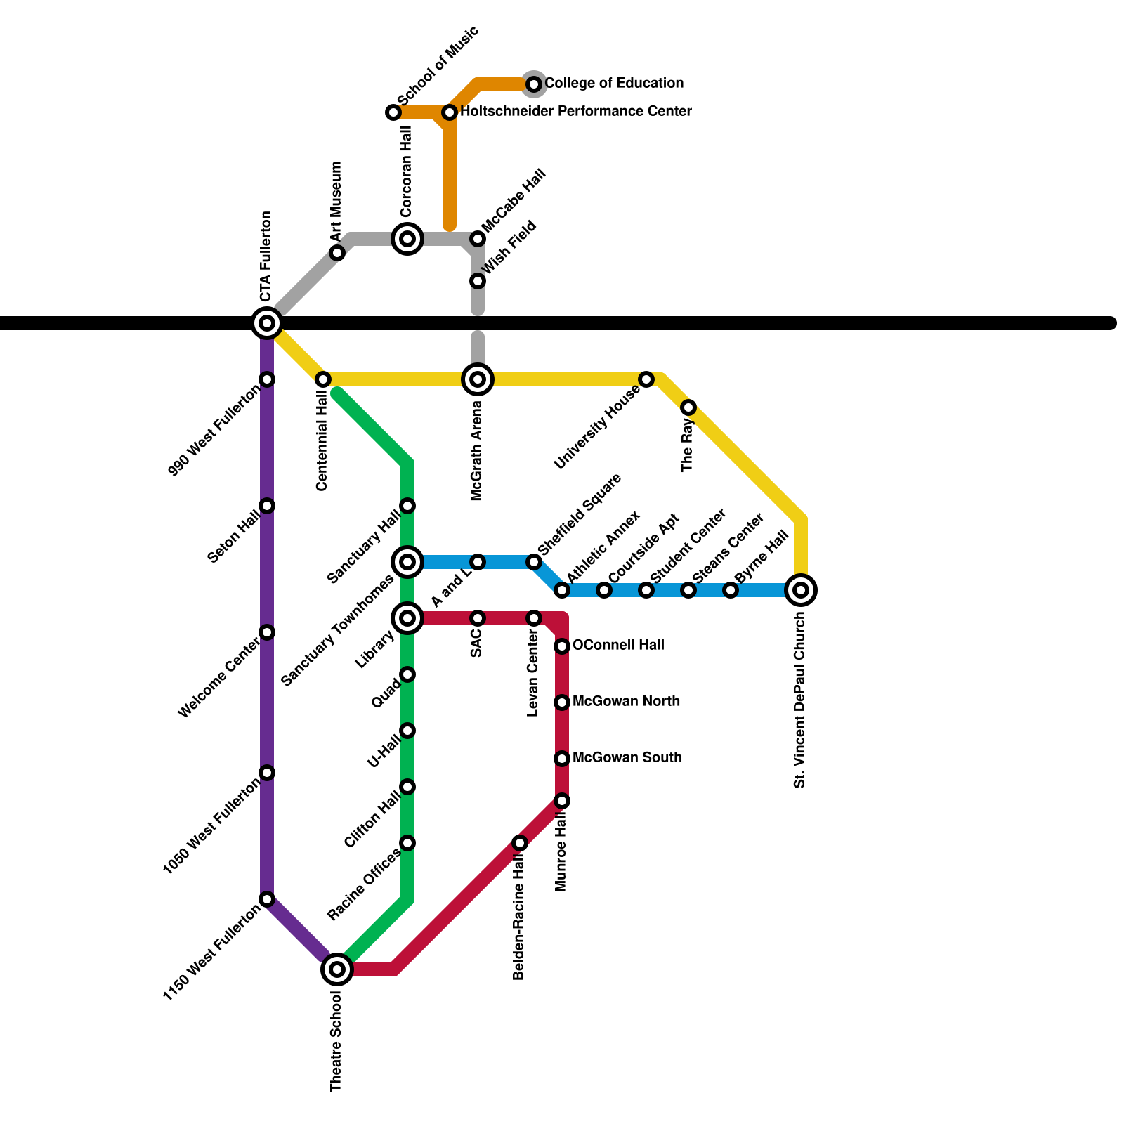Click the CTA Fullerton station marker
(267, 323)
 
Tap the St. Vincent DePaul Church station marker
(801, 590)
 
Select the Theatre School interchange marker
(337, 969)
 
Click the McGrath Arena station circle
(478, 379)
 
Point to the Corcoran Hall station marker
(407, 239)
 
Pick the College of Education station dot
(534, 84)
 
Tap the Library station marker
(407, 618)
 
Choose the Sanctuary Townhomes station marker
(407, 562)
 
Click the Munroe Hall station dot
(562, 801)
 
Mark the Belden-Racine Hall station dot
(520, 843)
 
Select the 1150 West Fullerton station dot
(267, 899)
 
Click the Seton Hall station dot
(267, 506)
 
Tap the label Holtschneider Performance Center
(576, 112)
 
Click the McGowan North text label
(626, 702)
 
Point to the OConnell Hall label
(618, 646)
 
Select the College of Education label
(614, 84)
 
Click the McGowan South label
(627, 758)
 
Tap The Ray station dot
(688, 407)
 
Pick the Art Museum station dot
(337, 253)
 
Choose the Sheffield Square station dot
(534, 562)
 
